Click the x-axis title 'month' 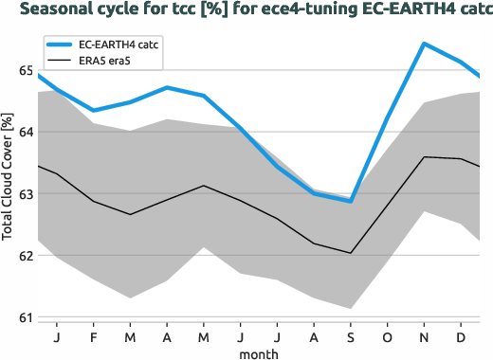click(258, 353)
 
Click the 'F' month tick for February click(93, 336)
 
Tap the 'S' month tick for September click(350, 336)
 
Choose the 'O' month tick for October click(386, 336)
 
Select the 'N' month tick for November click(423, 336)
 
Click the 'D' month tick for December click(460, 336)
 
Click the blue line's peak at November click(423, 44)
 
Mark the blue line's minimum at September click(350, 201)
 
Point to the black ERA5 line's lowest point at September click(350, 253)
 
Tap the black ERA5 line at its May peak click(203, 186)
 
